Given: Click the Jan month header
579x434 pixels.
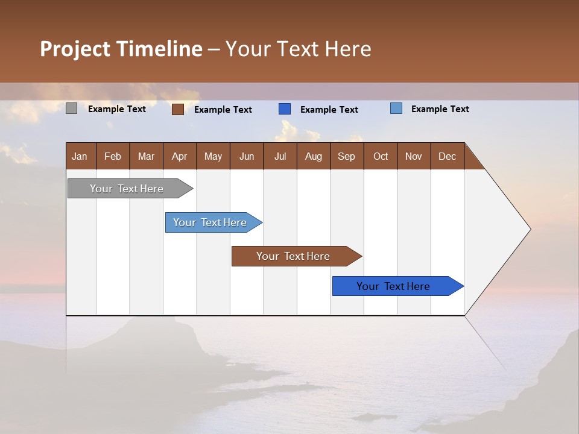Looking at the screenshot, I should click(80, 157).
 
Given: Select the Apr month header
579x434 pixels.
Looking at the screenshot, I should click(179, 157).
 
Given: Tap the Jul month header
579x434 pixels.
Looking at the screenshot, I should click(280, 157).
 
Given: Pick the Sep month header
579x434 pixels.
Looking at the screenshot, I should click(346, 157).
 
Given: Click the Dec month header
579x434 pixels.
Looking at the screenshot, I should click(447, 157).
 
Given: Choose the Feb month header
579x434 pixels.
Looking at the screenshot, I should click(113, 157).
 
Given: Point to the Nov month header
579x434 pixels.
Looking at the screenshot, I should click(413, 157).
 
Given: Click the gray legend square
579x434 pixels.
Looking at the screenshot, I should click(72, 108).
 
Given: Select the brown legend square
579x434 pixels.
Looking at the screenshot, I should click(178, 109).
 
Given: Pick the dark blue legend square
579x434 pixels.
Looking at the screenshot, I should click(285, 109).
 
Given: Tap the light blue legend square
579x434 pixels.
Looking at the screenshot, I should click(396, 108).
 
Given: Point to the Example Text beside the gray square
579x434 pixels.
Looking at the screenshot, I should click(117, 109).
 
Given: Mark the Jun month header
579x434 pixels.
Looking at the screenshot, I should click(247, 157).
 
